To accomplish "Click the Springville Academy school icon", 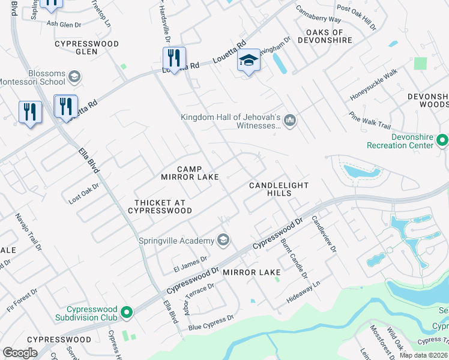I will tap(223, 241).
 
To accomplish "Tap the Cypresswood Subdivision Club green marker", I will tap(126, 311).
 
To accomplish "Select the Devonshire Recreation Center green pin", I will tap(442, 140).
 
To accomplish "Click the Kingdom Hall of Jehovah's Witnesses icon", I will tap(290, 121).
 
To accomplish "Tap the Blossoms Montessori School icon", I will tap(74, 77).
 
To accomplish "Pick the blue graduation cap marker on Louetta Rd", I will tap(249, 61).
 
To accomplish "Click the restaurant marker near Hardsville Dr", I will tap(174, 58).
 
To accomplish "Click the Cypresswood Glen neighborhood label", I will tap(86, 48).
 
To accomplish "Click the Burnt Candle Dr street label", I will tap(294, 258).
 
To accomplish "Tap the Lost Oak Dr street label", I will tap(83, 195).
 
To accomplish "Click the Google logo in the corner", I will tap(20, 353).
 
